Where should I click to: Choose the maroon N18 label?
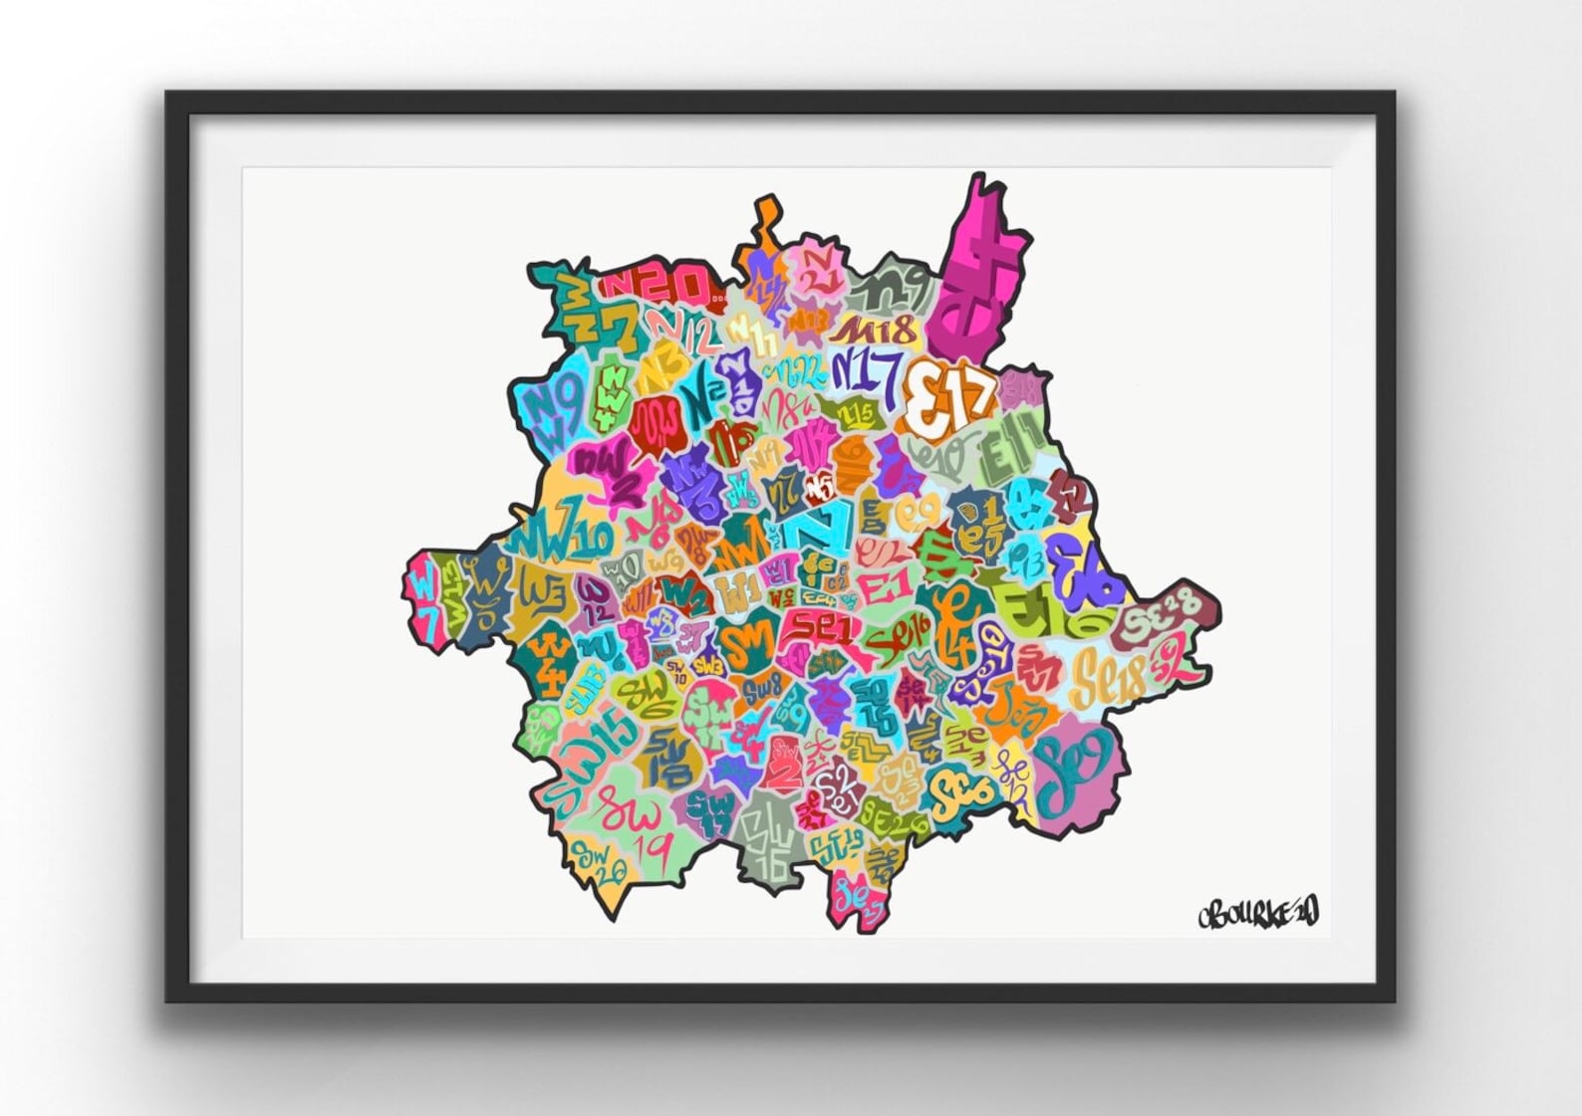coord(874,330)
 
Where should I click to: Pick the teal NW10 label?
coord(560,539)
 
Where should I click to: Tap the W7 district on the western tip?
coord(425,598)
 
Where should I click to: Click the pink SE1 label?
coord(815,625)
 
